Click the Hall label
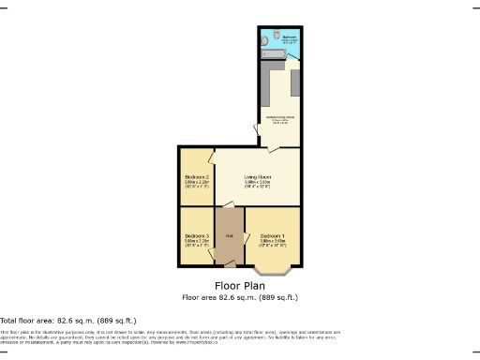coord(229,235)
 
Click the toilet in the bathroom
coord(267,40)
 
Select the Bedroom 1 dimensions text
coord(273,242)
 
